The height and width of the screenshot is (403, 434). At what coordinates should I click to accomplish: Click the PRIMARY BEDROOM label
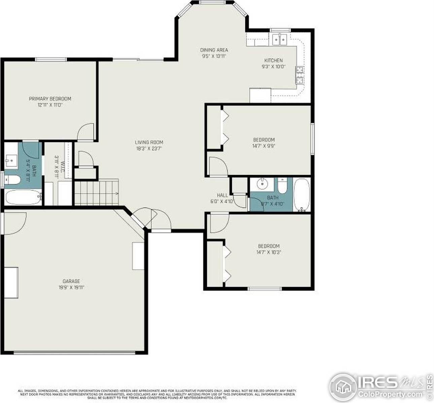pyautogui.click(x=50, y=99)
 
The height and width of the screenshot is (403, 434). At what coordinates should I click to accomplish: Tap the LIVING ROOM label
pyautogui.click(x=149, y=142)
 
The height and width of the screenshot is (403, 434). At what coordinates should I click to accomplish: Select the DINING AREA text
pyautogui.click(x=214, y=50)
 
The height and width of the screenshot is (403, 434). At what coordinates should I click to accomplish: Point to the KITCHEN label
pyautogui.click(x=273, y=60)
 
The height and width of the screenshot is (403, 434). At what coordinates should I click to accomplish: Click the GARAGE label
pyautogui.click(x=71, y=281)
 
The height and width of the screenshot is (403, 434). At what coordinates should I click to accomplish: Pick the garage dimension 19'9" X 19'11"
pyautogui.click(x=71, y=288)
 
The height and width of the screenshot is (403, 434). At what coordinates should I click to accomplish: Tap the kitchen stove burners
pyautogui.click(x=299, y=75)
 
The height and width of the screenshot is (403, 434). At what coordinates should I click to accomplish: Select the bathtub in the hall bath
pyautogui.click(x=301, y=195)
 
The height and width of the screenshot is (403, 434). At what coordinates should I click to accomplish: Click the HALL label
pyautogui.click(x=222, y=195)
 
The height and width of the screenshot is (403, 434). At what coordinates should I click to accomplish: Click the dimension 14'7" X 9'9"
pyautogui.click(x=263, y=146)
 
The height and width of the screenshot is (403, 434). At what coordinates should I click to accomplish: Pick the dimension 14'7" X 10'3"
pyautogui.click(x=268, y=252)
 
